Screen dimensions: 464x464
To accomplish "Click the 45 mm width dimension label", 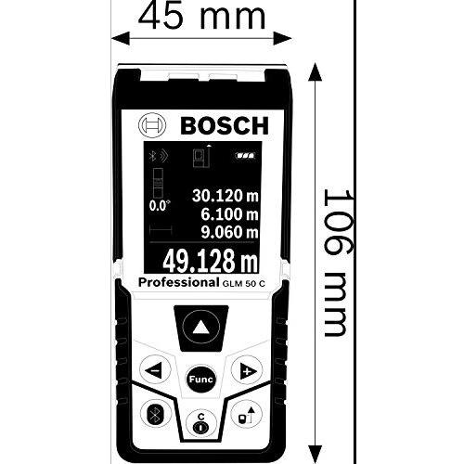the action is coord(201,16).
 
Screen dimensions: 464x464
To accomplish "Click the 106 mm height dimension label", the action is coord(338,263).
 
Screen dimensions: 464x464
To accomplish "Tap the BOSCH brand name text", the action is coord(225,125).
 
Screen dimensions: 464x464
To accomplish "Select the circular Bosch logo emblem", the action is coord(152,125).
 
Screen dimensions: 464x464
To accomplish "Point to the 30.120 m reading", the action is coord(226,196).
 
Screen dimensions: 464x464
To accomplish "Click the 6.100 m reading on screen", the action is coord(229,214).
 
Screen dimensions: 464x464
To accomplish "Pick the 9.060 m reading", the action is coord(229,232).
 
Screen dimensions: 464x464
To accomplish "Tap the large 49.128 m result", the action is coord(211,261).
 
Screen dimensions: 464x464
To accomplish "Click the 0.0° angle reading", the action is coord(160,206).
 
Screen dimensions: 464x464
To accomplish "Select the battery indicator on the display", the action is coord(245,156).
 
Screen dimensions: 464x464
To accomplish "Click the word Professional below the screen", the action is coord(178,283).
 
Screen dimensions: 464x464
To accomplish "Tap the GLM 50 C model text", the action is coord(243,284).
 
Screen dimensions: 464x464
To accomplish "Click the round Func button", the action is coord(200,380).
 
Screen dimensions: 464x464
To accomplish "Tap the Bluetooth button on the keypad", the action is coord(155,415).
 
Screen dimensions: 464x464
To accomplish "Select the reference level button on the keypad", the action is coord(247,415).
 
